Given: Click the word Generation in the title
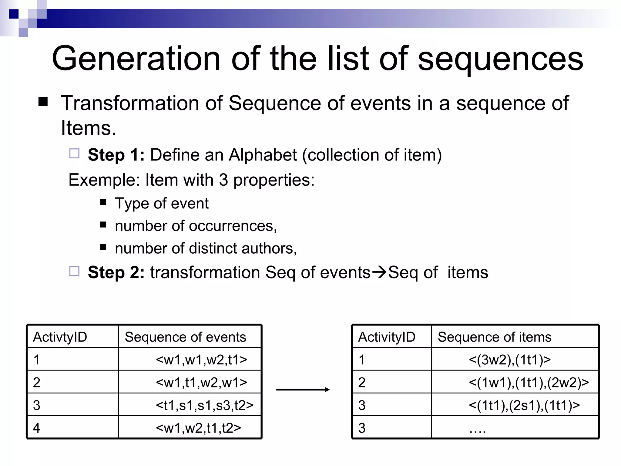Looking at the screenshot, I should coord(136,58).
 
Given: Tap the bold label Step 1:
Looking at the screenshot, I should coord(116,155).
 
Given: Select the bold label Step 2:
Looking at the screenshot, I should coord(116,272).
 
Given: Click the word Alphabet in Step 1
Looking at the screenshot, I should coord(263,155).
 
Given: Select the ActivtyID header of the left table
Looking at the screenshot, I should coord(60,337).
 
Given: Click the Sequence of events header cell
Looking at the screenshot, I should coord(185,337).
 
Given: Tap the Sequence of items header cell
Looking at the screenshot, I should coord(494,337).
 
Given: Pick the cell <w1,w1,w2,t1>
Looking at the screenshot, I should coord(201,360).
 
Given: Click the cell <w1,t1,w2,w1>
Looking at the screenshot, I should coord(201,382).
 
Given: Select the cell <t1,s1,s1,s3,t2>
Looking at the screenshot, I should coord(204,405).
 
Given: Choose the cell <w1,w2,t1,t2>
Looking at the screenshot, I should coord(198,428).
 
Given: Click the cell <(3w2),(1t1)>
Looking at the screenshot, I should coord(509,360).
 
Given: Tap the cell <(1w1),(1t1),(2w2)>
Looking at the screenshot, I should coord(529,382).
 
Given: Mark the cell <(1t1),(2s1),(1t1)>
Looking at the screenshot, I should coord(524,405).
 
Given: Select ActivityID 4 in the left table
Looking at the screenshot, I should coord(37,428).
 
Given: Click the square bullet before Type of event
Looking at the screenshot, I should coord(103,202).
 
